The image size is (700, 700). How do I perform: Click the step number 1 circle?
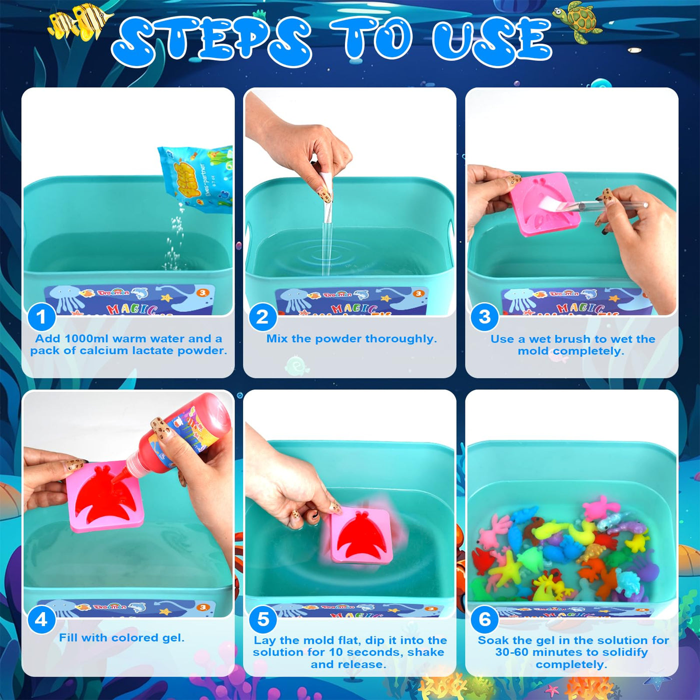pyautogui.click(x=41, y=316)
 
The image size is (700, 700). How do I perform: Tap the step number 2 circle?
pyautogui.click(x=262, y=316)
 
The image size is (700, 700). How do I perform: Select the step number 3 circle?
pyautogui.click(x=484, y=316)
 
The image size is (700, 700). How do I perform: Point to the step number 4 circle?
pyautogui.click(x=41, y=619)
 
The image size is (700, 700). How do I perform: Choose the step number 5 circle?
pyautogui.click(x=263, y=619)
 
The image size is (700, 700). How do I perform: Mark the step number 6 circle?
pyautogui.click(x=484, y=619)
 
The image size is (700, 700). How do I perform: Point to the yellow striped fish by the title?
pyautogui.click(x=80, y=22)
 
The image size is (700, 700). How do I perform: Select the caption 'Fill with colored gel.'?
pyautogui.click(x=121, y=637)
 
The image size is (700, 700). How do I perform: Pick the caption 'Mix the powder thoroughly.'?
pyautogui.click(x=351, y=338)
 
